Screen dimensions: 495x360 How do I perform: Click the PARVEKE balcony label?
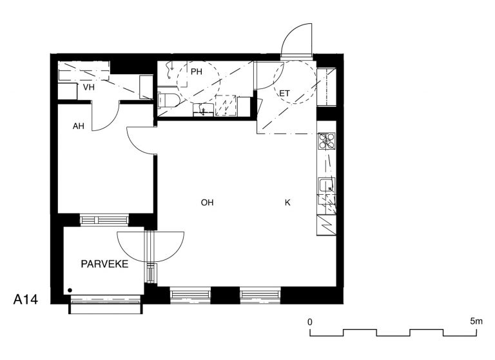click(104, 264)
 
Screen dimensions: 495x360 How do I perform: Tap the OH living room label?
click(207, 203)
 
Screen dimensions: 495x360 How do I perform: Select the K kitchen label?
click(287, 203)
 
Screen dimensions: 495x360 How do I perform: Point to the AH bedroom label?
click(78, 126)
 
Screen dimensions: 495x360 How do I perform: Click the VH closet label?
click(89, 87)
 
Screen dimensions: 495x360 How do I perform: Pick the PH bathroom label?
click(197, 72)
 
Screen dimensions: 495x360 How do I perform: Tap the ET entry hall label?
click(284, 94)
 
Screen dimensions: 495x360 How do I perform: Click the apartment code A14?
click(26, 299)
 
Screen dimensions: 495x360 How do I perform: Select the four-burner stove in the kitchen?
click(326, 141)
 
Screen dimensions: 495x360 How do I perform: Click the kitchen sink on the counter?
click(326, 186)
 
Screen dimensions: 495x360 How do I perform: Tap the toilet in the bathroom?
click(168, 100)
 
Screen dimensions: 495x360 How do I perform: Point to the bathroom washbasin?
click(203, 110)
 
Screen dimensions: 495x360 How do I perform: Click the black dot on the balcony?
click(70, 290)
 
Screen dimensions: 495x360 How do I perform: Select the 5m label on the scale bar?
click(476, 321)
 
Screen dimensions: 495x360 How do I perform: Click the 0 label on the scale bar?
click(310, 322)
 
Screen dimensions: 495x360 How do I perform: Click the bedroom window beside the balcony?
click(104, 220)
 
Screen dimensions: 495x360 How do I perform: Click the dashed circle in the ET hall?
click(295, 83)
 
